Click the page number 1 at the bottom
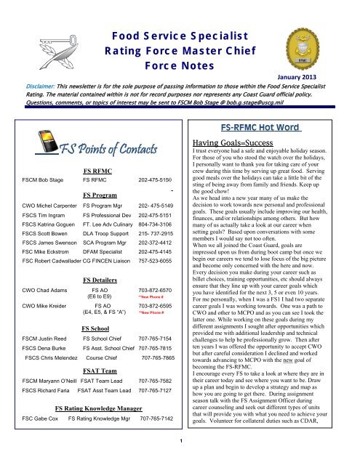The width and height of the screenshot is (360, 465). (x=180, y=460)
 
